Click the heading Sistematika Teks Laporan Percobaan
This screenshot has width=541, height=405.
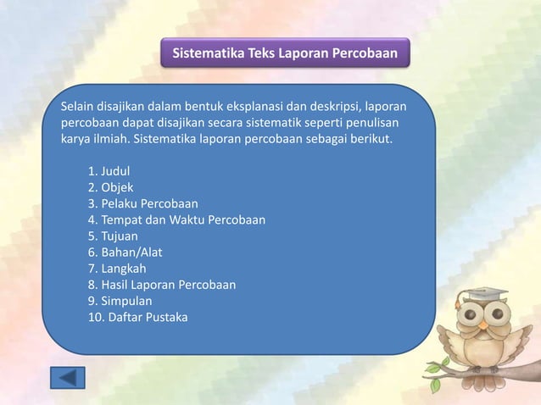[x=285, y=53]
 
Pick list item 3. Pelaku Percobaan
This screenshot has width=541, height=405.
[x=142, y=203]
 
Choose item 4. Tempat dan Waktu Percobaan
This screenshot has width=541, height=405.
[x=176, y=219]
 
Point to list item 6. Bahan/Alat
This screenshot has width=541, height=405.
[x=125, y=252]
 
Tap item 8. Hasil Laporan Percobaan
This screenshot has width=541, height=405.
[x=161, y=285]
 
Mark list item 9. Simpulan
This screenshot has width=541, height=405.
[x=120, y=301]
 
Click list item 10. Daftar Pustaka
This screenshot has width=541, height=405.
[x=137, y=317]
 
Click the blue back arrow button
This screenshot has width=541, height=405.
[x=68, y=376]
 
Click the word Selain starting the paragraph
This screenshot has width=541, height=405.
[x=78, y=107]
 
